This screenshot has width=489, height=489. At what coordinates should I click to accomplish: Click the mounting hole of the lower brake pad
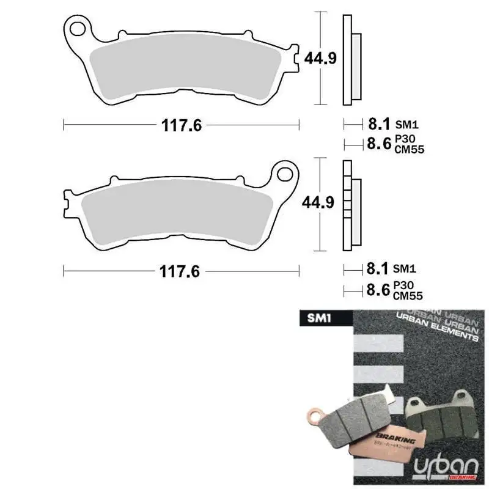tap(284, 174)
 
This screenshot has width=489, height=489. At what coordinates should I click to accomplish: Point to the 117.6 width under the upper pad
tap(182, 125)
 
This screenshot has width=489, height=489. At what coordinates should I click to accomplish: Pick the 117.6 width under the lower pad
tap(182, 271)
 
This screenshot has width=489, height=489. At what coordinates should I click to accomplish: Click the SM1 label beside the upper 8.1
tap(405, 125)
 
